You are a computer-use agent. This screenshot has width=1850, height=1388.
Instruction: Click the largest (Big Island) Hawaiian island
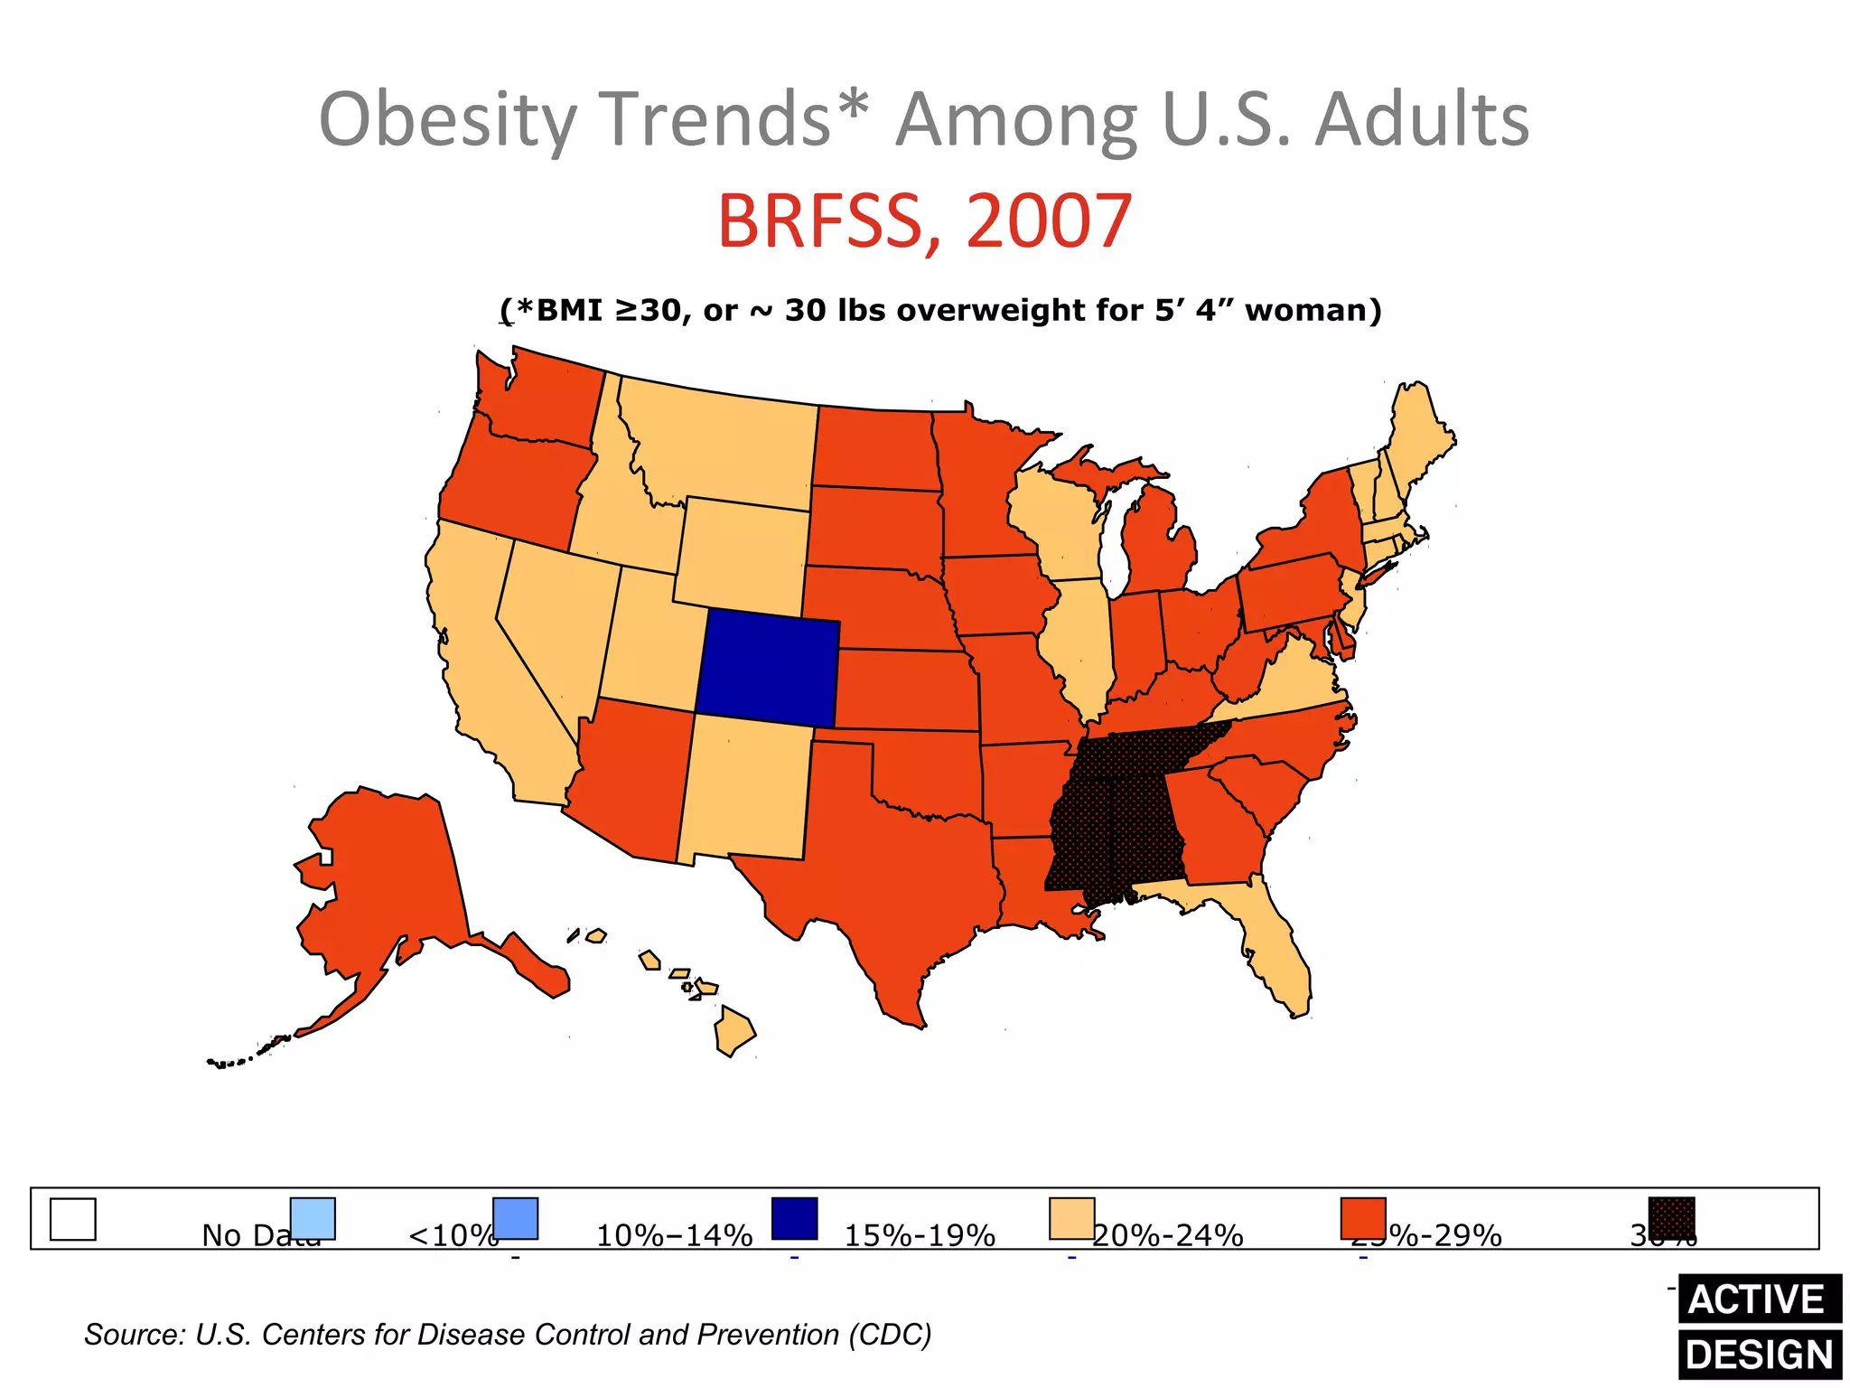(x=733, y=1032)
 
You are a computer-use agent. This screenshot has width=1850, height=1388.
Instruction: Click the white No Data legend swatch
(x=72, y=1219)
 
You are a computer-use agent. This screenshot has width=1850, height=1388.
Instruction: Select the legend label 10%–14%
(x=674, y=1235)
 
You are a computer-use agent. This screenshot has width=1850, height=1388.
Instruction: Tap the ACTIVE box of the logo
(x=1757, y=1299)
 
